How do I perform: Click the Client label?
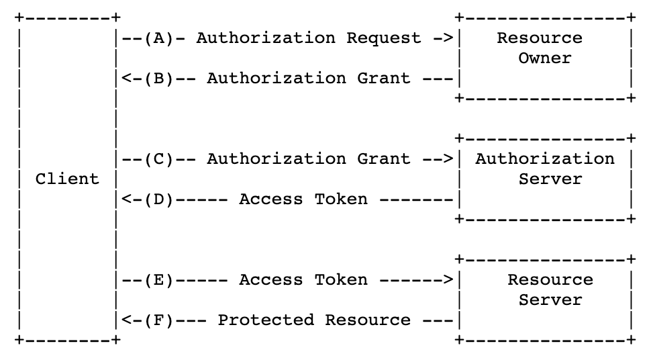(67, 179)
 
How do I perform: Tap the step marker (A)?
(158, 38)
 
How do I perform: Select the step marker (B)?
(158, 79)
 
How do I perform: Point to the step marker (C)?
(158, 159)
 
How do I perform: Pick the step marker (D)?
(158, 199)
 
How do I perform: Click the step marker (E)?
(158, 280)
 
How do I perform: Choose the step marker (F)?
(158, 320)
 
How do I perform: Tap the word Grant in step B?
(384, 78)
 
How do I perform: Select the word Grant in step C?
(384, 159)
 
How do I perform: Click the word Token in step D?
(341, 199)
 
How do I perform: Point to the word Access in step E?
(271, 280)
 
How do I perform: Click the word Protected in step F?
(266, 320)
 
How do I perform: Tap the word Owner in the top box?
(545, 58)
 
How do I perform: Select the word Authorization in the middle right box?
(545, 159)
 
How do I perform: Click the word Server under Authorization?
(550, 179)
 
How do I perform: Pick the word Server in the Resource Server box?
(550, 300)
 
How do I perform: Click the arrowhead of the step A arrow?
(448, 38)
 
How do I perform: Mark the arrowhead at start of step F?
(126, 320)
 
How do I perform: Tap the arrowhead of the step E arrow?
(448, 280)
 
